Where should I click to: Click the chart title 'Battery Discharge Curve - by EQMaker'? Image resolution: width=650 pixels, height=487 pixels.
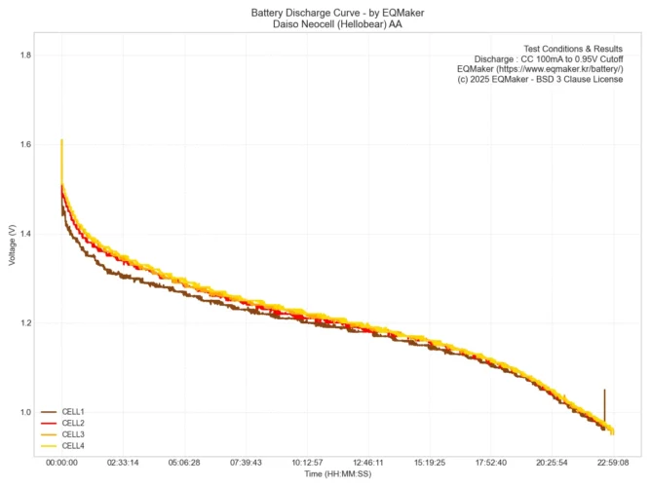[x=325, y=13]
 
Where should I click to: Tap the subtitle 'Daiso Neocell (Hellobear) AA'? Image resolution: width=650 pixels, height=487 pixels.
[x=325, y=24]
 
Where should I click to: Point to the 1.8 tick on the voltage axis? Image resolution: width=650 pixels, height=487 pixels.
[x=25, y=56]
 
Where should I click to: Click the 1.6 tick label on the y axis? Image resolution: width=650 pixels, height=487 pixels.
[x=25, y=144]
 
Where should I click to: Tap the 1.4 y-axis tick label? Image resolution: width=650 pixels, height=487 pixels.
[x=25, y=234]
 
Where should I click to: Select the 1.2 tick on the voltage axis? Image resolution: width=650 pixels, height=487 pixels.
[x=25, y=323]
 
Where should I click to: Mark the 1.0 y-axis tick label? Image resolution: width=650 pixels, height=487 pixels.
[x=25, y=412]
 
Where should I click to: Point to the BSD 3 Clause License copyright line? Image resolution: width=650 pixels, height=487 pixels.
[x=540, y=80]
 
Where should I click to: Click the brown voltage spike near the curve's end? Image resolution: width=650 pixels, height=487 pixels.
[x=604, y=401]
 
